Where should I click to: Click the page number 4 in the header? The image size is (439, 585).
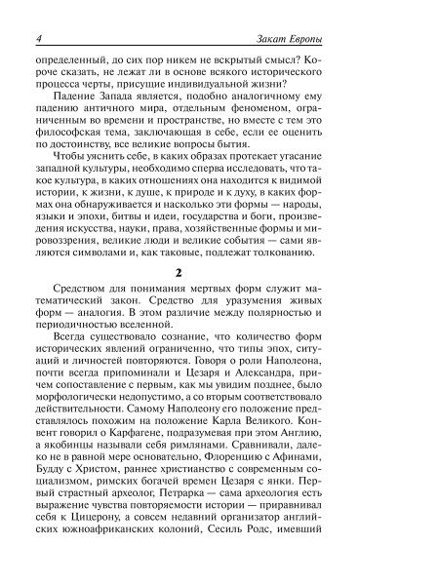35,38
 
